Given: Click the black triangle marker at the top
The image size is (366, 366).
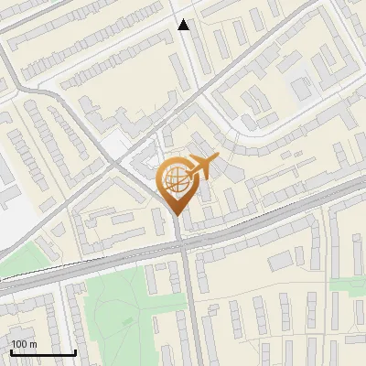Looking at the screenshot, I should (x=184, y=25).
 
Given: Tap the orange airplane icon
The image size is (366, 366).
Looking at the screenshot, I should (x=201, y=167).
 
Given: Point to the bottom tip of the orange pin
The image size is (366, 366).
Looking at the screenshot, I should (x=176, y=215).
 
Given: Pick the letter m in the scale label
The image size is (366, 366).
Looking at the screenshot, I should (x=34, y=345).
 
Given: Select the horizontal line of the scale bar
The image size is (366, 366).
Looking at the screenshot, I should (x=43, y=353).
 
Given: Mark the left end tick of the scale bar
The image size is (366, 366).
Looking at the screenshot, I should (x=11, y=351).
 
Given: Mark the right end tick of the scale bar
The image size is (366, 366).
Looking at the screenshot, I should (x=75, y=351).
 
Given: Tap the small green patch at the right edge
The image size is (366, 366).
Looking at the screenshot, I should (x=349, y=284).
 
